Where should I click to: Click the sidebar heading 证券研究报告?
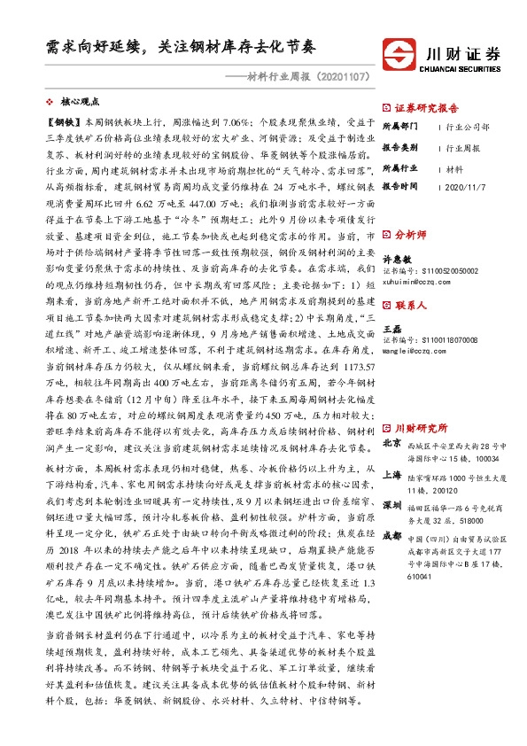point(426,108)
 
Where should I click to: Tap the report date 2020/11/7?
point(465,188)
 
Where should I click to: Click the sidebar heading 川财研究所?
point(421,428)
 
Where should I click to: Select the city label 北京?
point(391,443)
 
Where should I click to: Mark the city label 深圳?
point(391,504)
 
